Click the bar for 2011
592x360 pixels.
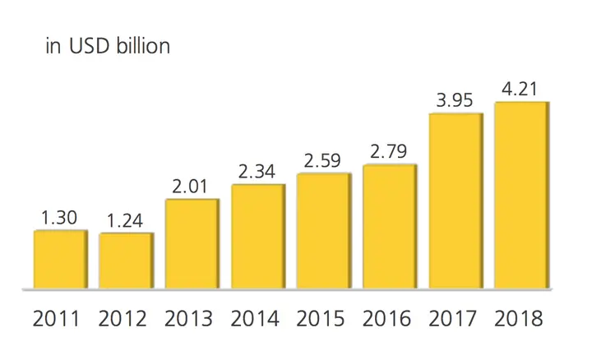[61, 259]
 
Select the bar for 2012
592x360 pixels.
[127, 261]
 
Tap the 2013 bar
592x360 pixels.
[192, 244]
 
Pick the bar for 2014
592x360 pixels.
[259, 237]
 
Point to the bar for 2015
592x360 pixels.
[324, 231]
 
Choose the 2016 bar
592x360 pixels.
[391, 227]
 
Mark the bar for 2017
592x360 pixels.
[456, 201]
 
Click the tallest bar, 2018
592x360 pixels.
[522, 196]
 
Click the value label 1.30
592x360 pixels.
[59, 218]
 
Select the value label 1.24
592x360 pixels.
[125, 221]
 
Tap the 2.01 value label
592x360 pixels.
[190, 187]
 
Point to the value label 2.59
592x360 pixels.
[322, 161]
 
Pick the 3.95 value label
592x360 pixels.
[455, 100]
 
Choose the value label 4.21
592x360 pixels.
[520, 90]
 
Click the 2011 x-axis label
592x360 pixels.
[56, 318]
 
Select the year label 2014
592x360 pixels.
[255, 318]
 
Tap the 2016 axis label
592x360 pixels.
[386, 318]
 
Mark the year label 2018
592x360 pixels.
[519, 318]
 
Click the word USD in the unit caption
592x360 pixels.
[89, 46]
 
